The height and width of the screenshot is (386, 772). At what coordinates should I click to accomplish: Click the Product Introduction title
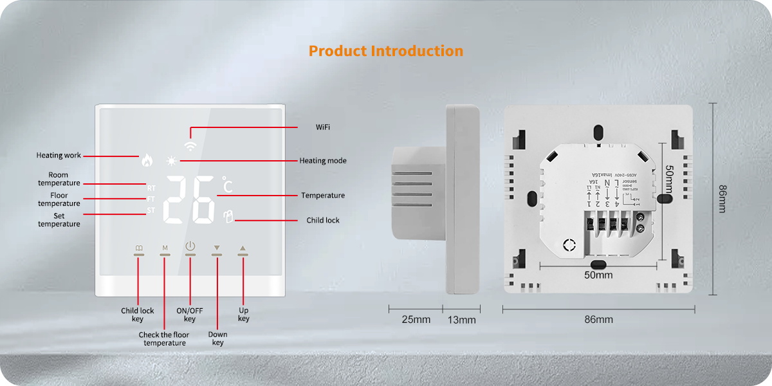pos(385,51)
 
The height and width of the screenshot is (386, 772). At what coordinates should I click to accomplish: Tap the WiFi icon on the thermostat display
pos(190,145)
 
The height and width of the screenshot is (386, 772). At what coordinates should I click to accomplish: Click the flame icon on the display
pos(148,161)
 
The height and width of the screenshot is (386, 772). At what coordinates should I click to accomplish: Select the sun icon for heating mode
pos(171,161)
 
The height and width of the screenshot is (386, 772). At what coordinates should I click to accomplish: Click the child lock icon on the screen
pos(227,217)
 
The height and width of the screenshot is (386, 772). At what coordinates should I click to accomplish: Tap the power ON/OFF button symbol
pos(190,246)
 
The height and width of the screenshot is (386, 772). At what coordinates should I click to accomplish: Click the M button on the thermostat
pos(165,248)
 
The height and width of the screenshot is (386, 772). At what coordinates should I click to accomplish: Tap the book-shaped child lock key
pos(139,248)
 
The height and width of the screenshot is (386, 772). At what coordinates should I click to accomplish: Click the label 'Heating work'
pos(59,156)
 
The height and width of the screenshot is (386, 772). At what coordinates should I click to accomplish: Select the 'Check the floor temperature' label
pos(164,339)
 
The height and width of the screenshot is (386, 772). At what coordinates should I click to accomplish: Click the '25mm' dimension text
pos(416,320)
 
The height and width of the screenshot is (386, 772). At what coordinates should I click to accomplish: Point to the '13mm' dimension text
pos(461,320)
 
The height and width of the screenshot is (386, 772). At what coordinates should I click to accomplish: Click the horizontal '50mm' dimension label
pos(598,275)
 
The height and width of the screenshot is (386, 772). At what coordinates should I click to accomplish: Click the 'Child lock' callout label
pos(322,220)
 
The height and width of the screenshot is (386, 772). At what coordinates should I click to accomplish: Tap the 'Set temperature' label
pos(59,220)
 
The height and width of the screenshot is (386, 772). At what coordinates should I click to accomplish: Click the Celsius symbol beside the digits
pos(227,185)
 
